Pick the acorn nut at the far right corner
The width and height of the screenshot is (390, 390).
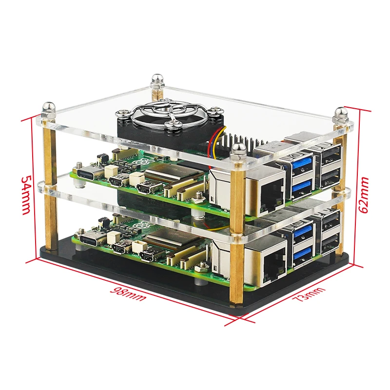(x=339, y=115)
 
